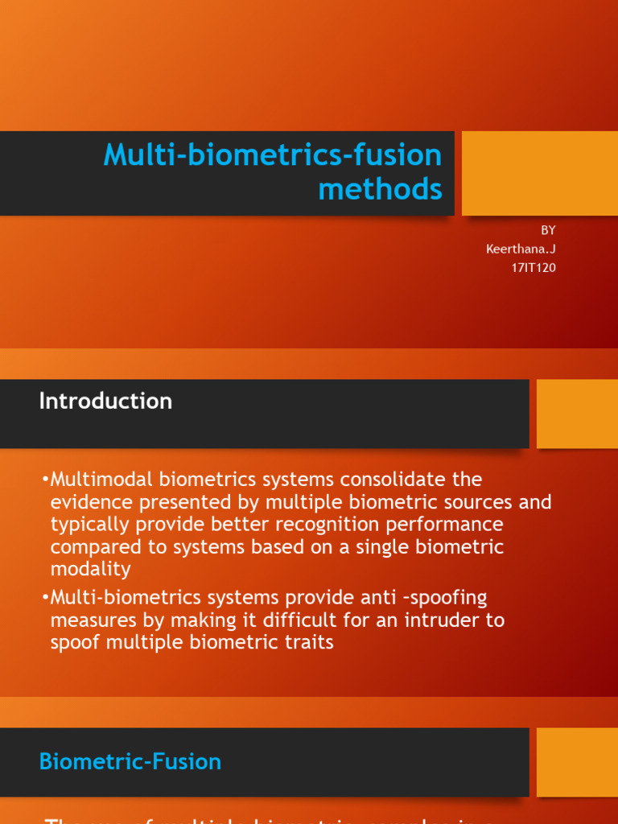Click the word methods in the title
click(x=380, y=189)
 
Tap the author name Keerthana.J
click(x=521, y=249)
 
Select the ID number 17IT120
click(x=533, y=267)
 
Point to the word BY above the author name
click(x=548, y=230)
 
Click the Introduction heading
click(x=105, y=401)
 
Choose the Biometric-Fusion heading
click(x=130, y=761)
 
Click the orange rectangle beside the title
click(x=539, y=173)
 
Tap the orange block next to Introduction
click(x=577, y=414)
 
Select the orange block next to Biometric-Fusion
click(x=577, y=762)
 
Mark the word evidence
click(x=88, y=502)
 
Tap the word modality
click(x=90, y=570)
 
